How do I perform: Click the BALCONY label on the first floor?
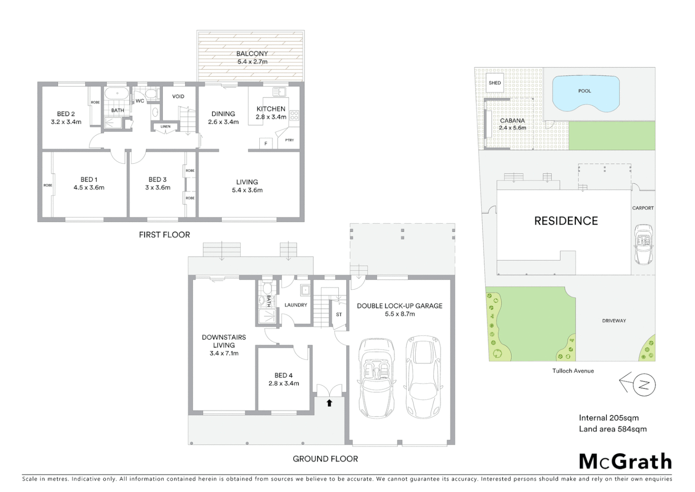click(252, 54)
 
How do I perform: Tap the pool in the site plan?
click(585, 93)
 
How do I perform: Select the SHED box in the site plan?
click(494, 83)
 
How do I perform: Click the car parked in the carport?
click(643, 244)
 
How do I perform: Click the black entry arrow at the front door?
click(329, 403)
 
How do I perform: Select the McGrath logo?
click(625, 461)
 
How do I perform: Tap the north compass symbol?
click(643, 384)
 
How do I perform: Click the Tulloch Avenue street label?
click(573, 371)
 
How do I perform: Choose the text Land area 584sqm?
click(612, 429)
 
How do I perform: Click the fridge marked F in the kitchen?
click(266, 143)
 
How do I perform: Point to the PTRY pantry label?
click(289, 140)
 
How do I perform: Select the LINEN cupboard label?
click(165, 127)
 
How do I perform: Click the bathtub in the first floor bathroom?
click(117, 93)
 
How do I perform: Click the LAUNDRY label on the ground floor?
click(296, 305)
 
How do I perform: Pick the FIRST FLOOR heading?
click(164, 235)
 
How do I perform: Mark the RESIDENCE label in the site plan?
click(566, 221)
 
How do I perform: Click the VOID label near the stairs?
click(178, 96)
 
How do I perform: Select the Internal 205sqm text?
click(609, 418)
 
